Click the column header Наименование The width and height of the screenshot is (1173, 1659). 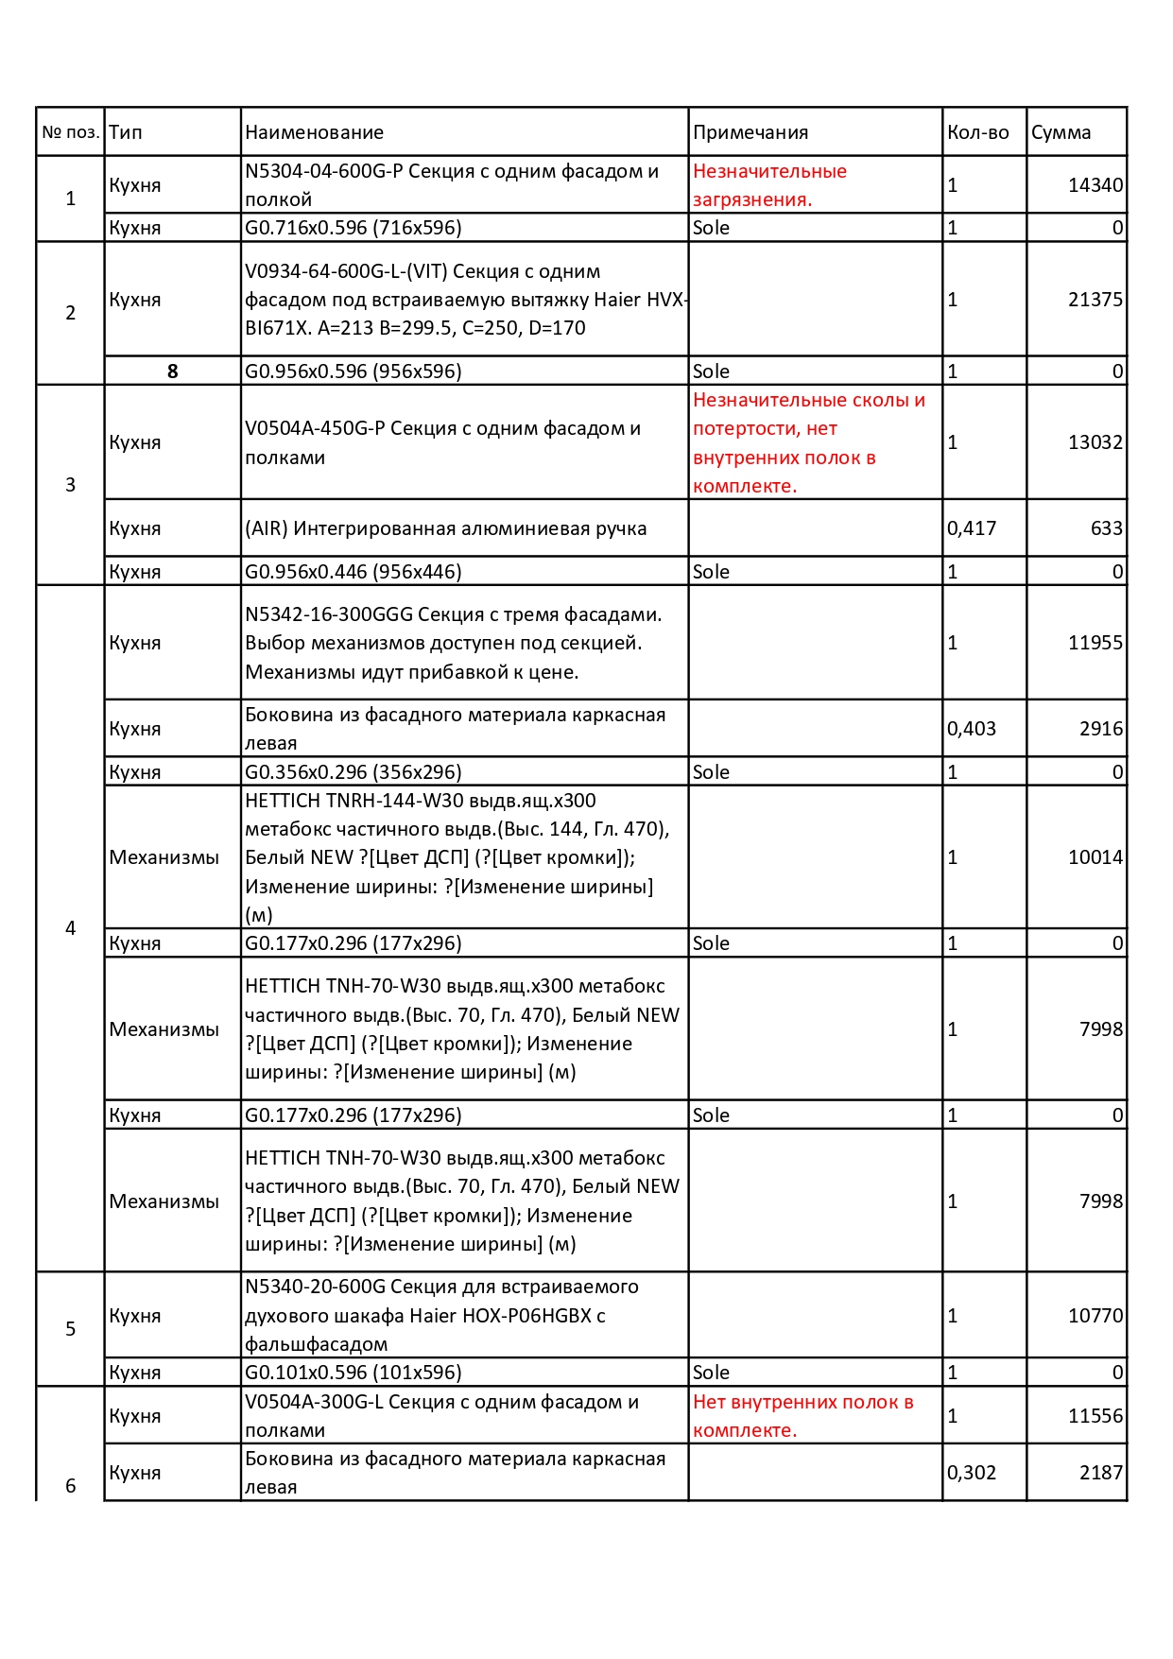click(314, 132)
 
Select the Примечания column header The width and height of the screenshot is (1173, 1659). click(750, 132)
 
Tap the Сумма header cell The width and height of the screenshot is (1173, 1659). click(1061, 132)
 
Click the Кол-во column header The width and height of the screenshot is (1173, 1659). click(977, 132)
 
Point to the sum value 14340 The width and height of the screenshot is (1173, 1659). click(1095, 185)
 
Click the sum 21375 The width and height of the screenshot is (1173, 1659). click(1095, 300)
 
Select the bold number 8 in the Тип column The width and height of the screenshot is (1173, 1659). click(172, 372)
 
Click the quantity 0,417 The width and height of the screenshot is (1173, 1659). click(971, 528)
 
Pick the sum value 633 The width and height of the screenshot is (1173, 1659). click(1106, 528)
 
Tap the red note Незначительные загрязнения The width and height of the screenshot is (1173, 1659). click(769, 185)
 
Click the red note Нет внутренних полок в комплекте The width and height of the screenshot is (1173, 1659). click(802, 1416)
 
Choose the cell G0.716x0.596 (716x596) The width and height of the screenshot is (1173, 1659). click(353, 228)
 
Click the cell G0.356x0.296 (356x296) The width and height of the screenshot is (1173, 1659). click(353, 772)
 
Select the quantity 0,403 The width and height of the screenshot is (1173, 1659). click(971, 729)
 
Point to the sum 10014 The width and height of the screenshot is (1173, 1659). click(1095, 857)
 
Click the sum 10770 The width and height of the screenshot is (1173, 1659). click(1095, 1316)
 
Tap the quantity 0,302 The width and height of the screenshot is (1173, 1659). click(971, 1473)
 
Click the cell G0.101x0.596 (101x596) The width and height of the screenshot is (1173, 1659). click(353, 1373)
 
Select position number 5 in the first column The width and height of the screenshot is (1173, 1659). click(70, 1329)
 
